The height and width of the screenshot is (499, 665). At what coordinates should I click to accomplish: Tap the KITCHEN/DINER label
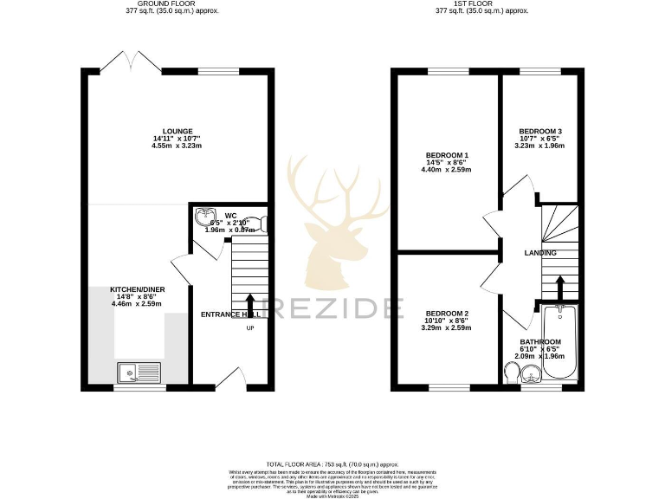pos(137,289)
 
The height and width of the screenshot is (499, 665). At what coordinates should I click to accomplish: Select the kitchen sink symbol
pos(138,373)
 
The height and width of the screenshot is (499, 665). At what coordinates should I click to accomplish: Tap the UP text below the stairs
pos(251,328)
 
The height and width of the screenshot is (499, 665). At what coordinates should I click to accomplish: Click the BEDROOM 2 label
pos(447,314)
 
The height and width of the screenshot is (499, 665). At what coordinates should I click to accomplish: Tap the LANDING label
pos(539,253)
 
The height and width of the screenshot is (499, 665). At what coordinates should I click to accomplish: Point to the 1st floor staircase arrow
pos(558,286)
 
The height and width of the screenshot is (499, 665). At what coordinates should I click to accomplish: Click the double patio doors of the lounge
pos(119,62)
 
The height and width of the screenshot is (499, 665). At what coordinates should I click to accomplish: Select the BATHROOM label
pos(539,342)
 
